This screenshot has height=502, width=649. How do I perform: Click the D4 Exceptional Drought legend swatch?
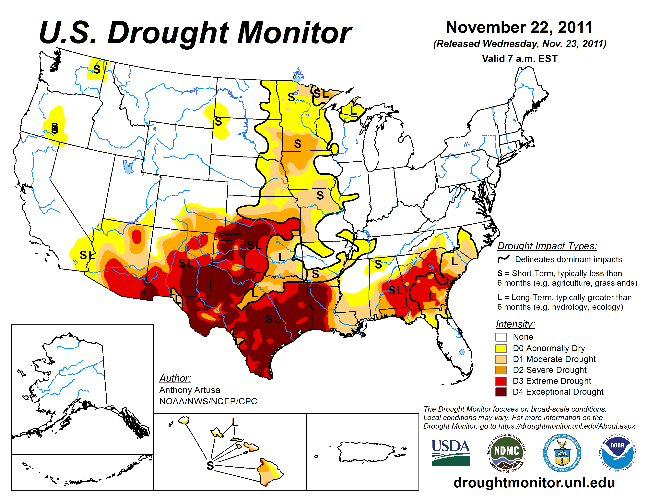tap(501, 392)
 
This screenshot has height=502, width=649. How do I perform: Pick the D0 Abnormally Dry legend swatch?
tap(501, 348)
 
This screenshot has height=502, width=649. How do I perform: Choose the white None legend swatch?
tap(501, 337)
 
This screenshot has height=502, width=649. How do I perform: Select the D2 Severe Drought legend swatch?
tap(501, 370)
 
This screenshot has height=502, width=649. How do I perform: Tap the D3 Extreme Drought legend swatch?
tap(501, 381)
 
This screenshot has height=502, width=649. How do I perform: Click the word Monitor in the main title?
tap(294, 33)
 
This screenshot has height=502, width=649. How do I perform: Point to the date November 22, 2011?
tap(519, 27)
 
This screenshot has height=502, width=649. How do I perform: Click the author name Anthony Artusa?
tap(190, 390)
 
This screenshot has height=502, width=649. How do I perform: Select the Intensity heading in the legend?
tap(515, 324)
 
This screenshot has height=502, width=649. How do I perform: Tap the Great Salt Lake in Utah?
tap(128, 167)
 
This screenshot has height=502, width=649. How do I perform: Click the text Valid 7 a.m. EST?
tap(519, 59)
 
